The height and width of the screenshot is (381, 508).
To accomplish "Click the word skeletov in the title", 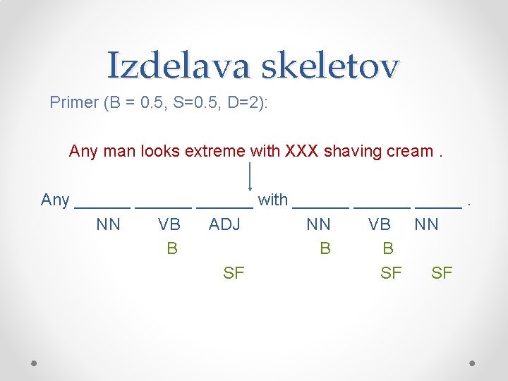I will tap(330, 66).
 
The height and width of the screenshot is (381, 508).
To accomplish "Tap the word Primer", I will tap(73, 103).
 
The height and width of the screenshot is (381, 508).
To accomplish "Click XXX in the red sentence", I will tap(302, 151).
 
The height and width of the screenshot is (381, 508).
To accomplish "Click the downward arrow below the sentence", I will tap(251, 176).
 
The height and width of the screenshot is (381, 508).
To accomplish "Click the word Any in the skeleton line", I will tap(55, 200).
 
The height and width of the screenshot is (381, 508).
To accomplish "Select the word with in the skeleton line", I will tap(273, 200).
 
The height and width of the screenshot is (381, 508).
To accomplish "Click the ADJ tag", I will tap(224, 225).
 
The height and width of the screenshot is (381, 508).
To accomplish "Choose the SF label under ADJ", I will tap(234, 273).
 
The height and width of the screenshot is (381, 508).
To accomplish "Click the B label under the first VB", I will tap(171, 248).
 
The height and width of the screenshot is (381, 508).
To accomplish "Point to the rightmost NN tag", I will tap(426, 225).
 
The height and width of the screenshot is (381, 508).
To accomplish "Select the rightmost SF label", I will tap(442, 273).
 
